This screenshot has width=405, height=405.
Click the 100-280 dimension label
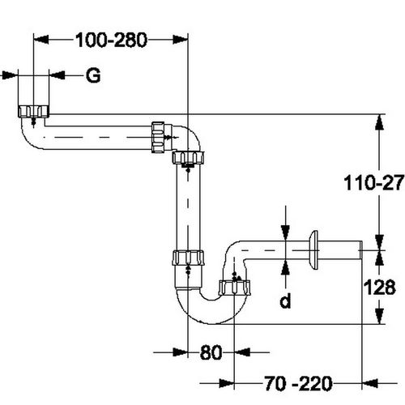(x=111, y=40)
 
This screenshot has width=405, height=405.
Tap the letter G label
(x=93, y=75)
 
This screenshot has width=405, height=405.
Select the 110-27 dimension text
(x=374, y=182)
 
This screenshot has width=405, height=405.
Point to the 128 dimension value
(x=380, y=287)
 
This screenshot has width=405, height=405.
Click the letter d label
(x=285, y=301)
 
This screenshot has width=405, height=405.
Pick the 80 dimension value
(x=211, y=352)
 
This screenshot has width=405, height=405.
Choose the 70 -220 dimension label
(x=298, y=383)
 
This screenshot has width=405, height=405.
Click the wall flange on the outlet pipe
(x=314, y=250)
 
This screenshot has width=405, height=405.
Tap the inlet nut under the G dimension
(x=33, y=111)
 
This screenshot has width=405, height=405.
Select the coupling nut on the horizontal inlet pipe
(x=158, y=138)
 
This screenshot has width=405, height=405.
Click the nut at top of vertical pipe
(x=188, y=158)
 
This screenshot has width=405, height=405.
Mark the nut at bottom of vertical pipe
(x=188, y=258)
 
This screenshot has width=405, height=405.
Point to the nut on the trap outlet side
(x=234, y=288)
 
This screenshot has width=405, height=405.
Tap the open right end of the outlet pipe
(x=360, y=249)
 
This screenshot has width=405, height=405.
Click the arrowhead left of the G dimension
(x=9, y=75)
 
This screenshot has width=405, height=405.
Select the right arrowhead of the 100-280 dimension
(x=180, y=40)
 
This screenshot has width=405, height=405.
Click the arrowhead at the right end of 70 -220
(x=369, y=383)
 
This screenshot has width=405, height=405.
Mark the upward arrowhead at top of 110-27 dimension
(x=380, y=122)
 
